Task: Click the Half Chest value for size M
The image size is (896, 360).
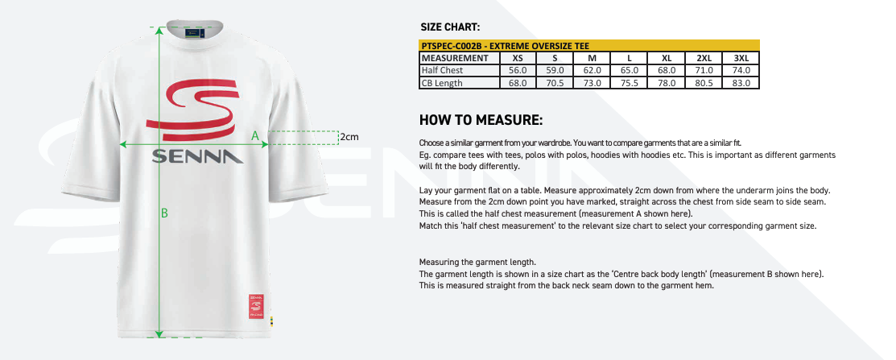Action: [593, 70]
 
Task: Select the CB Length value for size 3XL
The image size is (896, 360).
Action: [741, 83]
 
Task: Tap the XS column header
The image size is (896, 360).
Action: [518, 58]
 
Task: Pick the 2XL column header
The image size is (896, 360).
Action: [704, 58]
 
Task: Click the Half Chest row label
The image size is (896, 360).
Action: [442, 70]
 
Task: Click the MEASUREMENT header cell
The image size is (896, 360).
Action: [455, 58]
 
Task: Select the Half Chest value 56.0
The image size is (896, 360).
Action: [518, 70]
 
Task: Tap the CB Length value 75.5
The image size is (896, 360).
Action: [630, 83]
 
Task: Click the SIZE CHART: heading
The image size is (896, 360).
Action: [451, 27]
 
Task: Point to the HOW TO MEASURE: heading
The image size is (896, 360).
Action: [481, 121]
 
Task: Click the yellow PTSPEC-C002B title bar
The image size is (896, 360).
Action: [589, 46]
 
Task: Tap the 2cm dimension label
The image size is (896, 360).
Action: [349, 137]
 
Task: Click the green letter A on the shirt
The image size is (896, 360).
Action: [255, 136]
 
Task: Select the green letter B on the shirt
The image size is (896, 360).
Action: [164, 213]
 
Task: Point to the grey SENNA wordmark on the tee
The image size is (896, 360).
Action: [197, 155]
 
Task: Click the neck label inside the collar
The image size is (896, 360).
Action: [197, 33]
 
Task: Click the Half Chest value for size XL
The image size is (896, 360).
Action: [667, 70]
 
